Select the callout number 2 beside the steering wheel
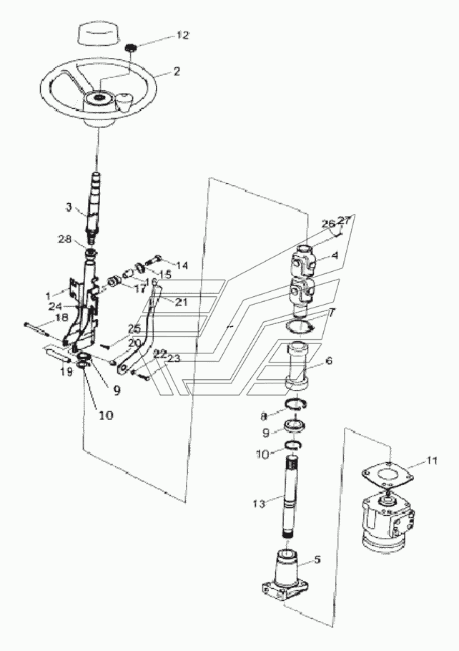[x=177, y=72]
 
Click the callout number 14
[x=182, y=265]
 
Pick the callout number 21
[x=181, y=302]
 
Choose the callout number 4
[x=335, y=255]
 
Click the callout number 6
[x=329, y=361]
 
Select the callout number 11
[x=432, y=461]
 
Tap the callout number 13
[x=260, y=504]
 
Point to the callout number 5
[x=317, y=559]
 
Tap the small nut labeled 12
[x=132, y=48]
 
